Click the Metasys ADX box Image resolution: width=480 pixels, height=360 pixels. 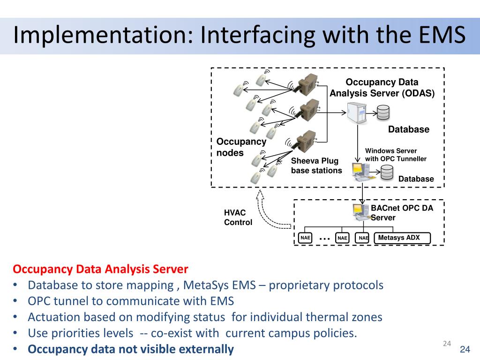(402, 238)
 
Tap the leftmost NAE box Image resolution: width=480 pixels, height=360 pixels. (305, 238)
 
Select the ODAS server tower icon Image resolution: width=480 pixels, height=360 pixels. (357, 113)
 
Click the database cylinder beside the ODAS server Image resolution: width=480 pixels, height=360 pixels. (383, 112)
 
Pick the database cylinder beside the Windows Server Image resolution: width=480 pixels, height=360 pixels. (387, 172)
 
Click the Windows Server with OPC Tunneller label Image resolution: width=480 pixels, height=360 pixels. (396, 155)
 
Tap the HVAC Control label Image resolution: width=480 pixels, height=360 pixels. (238, 217)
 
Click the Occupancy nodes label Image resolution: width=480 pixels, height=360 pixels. (241, 147)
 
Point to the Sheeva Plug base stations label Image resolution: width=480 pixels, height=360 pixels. (316, 165)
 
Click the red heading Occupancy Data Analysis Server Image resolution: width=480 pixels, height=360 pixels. (100, 269)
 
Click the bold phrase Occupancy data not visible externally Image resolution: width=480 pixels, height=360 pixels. (131, 349)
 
